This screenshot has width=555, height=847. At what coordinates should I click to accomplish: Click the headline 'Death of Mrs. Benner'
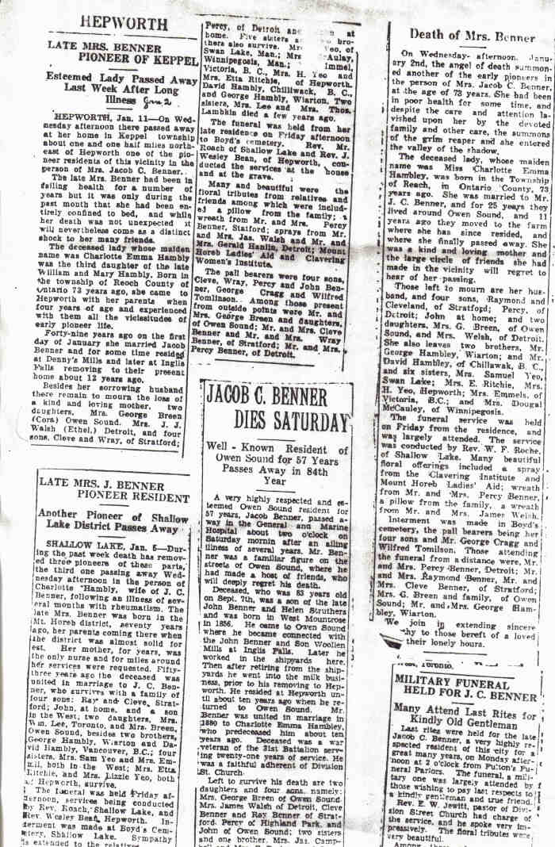click(x=471, y=36)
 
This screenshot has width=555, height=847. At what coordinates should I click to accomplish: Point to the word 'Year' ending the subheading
click(x=276, y=481)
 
